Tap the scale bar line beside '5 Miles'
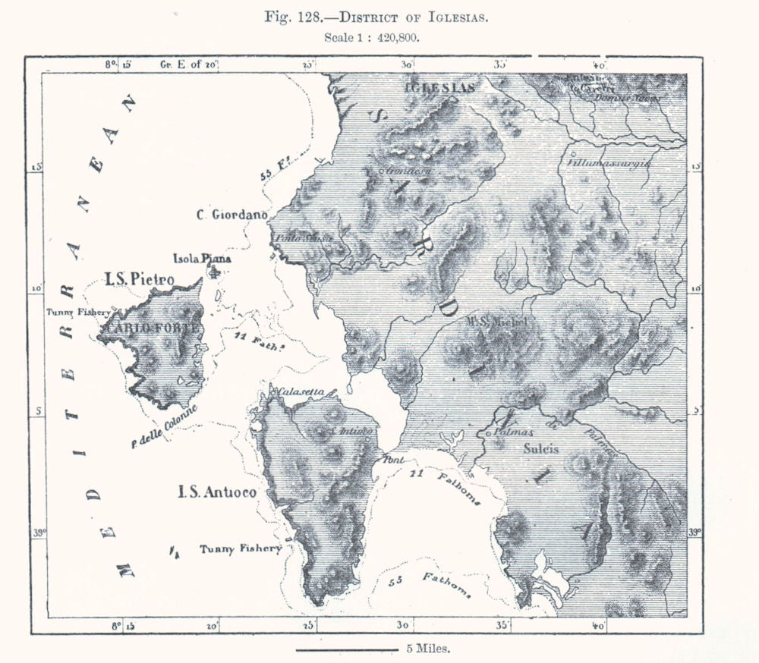tap(345, 649)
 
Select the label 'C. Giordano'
tap(231, 215)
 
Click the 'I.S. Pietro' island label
tap(140, 279)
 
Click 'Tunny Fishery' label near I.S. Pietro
tap(78, 312)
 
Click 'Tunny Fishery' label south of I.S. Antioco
tap(240, 548)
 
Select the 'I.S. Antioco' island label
tap(216, 492)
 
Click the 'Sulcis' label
tap(541, 448)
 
